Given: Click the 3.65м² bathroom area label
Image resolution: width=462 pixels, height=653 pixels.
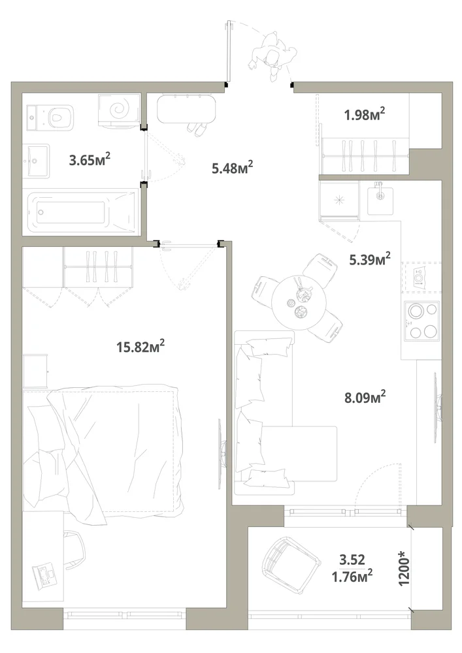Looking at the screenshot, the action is click(x=90, y=159).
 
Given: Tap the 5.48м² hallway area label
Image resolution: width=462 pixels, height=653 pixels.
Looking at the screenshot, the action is click(x=233, y=167).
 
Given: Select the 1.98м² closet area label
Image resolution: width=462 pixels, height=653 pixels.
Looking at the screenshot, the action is click(x=364, y=114).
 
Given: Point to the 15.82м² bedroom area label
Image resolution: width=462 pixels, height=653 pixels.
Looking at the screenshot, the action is click(x=140, y=346).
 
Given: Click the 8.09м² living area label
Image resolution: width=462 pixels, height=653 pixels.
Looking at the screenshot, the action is click(x=365, y=397).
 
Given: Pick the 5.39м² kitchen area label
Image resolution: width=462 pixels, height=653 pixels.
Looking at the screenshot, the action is click(x=369, y=259).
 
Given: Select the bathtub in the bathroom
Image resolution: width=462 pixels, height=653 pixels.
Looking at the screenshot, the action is click(x=82, y=212).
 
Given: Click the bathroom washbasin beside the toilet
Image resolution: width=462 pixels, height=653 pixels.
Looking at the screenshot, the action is click(x=37, y=161).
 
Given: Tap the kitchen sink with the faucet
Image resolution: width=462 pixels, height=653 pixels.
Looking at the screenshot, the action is click(x=380, y=199).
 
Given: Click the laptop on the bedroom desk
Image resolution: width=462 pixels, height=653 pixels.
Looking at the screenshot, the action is click(x=45, y=576).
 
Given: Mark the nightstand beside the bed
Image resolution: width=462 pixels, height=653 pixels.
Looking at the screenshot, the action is click(x=35, y=371).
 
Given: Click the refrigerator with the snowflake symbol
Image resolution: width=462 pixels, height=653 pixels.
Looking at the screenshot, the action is click(x=339, y=199).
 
